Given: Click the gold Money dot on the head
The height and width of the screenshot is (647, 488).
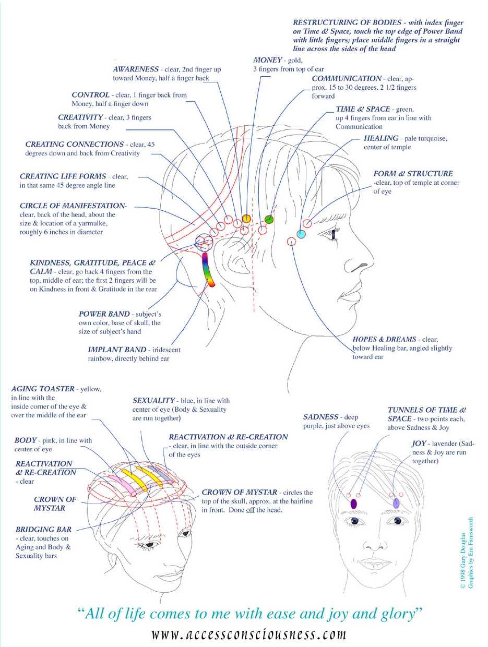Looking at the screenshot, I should (x=247, y=218).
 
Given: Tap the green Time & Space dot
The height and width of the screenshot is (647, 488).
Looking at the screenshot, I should (x=269, y=219).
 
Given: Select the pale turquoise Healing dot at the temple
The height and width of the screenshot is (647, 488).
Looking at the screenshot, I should (x=301, y=234).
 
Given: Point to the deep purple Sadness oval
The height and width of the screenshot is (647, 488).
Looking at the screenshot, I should (x=353, y=504).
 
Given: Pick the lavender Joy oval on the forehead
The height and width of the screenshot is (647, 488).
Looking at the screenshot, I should (x=397, y=504).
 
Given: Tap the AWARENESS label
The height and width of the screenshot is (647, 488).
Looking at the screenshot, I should (x=136, y=69).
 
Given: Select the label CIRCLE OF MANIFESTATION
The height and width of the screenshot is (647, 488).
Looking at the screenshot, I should (x=73, y=206).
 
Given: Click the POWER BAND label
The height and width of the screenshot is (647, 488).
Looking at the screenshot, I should (x=104, y=314).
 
